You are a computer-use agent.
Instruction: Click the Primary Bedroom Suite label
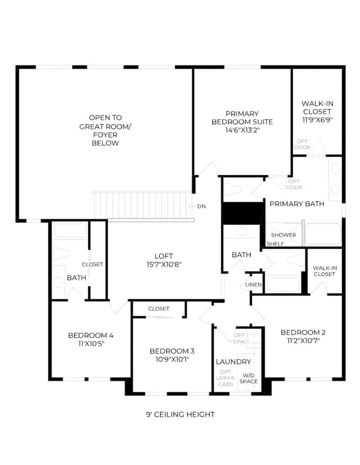(242, 118)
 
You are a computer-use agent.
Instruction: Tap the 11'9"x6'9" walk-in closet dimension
(317, 120)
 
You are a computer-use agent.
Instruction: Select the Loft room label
(164, 256)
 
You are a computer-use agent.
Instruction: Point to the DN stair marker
(201, 207)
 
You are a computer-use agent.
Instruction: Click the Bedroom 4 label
(91, 336)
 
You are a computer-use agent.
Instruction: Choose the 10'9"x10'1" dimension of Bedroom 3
(172, 359)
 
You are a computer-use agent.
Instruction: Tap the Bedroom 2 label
(303, 333)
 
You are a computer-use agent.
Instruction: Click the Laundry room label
(233, 362)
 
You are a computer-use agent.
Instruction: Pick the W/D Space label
(249, 378)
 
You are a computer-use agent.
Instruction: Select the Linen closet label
(253, 285)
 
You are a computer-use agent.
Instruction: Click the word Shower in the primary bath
(283, 235)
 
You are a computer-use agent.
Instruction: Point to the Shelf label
(275, 244)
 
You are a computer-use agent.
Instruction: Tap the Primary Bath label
(297, 204)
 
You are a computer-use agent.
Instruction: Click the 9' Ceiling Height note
(180, 414)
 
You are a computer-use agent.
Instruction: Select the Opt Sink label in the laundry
(240, 338)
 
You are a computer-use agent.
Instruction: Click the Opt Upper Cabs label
(226, 378)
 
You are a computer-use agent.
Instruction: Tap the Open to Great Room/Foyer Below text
(105, 130)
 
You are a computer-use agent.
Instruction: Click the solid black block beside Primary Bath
(243, 213)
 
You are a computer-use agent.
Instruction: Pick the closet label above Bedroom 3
(159, 308)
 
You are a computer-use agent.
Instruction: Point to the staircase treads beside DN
(142, 205)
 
